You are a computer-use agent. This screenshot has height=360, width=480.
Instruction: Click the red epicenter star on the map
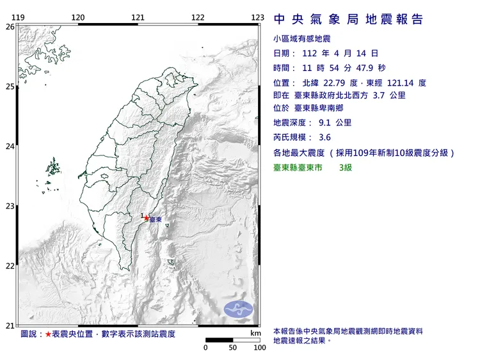(147, 218)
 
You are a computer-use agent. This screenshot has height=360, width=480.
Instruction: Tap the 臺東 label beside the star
(156, 220)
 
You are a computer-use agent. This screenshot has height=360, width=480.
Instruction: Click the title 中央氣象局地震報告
(348, 20)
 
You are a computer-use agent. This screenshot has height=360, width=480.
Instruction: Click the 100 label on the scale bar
(259, 348)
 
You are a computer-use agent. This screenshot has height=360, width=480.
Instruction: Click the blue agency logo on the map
(237, 309)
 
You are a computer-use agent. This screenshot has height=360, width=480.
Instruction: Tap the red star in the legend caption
(49, 334)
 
